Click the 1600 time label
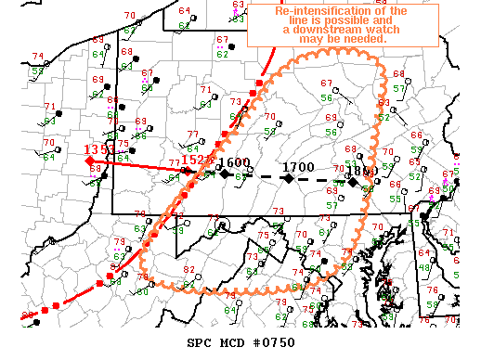coord(235,162)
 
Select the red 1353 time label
coord(99,149)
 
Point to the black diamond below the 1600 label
coord(224,174)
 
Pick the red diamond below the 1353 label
coord(90,161)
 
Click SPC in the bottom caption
coord(198,343)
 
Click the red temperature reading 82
coord(188,270)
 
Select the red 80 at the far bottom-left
coord(28,316)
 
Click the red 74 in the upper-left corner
coord(37,57)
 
